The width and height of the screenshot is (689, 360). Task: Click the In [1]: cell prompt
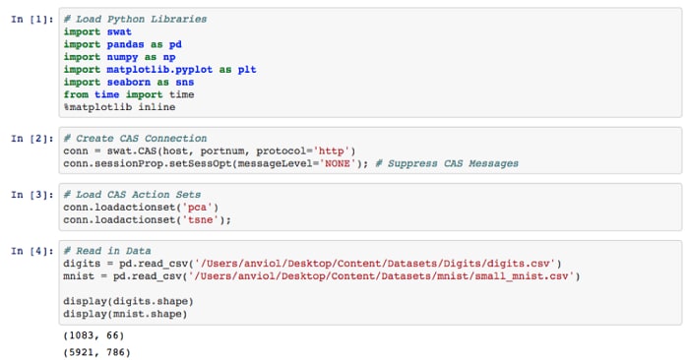pos(32,20)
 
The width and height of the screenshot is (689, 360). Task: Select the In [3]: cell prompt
pos(32,195)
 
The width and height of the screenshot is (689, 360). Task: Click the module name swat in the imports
pos(119,32)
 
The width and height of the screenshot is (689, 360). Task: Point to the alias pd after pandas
pos(175,45)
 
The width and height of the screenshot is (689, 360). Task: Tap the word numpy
pos(122,57)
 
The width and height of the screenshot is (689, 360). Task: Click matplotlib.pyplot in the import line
pos(159,70)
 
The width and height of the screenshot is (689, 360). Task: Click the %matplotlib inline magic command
pos(119,107)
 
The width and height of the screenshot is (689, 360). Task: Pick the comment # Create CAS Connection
pos(135,139)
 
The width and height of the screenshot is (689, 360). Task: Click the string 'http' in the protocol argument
pos(331,151)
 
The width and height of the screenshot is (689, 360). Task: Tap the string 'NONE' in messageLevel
pos(337,163)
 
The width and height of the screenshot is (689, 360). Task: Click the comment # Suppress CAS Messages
pos(447,163)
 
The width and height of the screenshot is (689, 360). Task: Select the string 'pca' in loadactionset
pos(197,208)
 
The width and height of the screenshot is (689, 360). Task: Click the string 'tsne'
pos(201,220)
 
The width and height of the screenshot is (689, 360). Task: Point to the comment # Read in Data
pos(107,251)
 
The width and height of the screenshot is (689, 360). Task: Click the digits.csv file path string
pos(375,264)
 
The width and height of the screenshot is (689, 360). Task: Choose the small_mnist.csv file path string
pos(381,276)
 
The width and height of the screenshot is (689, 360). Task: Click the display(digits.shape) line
pos(128,302)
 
